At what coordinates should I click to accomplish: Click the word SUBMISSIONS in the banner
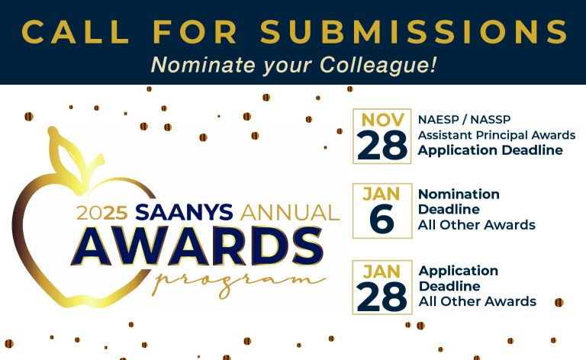[x=414, y=32]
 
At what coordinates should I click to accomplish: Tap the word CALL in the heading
[x=76, y=32]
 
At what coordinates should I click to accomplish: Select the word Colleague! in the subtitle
[x=378, y=65]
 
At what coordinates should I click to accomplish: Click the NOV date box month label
[x=382, y=121]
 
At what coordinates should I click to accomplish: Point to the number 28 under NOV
[x=382, y=145]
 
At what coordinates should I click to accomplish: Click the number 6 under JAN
[x=382, y=219]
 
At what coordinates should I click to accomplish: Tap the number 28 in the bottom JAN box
[x=382, y=297]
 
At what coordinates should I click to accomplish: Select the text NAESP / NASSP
[x=464, y=120]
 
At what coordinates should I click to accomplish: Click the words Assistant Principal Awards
[x=497, y=135]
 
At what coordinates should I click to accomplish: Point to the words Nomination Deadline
[x=459, y=201]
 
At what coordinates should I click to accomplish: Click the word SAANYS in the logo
[x=184, y=212]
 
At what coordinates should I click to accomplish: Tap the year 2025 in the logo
[x=102, y=213]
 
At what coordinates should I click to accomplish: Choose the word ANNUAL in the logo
[x=290, y=213]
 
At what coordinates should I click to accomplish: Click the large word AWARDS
[x=197, y=246]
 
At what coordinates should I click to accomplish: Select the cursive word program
[x=239, y=281]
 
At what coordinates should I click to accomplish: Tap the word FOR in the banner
[x=195, y=32]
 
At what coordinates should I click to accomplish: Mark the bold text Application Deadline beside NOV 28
[x=491, y=150]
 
